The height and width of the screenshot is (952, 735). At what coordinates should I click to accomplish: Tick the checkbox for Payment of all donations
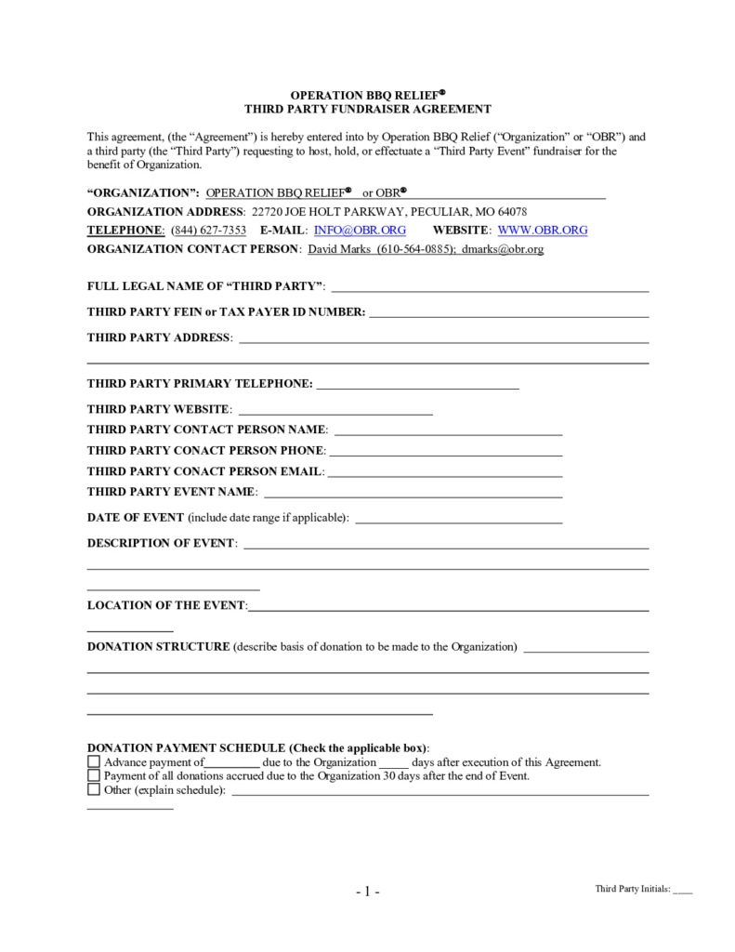tap(93, 776)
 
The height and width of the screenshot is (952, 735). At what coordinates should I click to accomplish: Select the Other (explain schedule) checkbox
tap(93, 790)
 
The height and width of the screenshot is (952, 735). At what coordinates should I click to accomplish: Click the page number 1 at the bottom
tap(367, 892)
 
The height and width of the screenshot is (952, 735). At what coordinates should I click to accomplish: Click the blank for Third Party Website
tap(335, 410)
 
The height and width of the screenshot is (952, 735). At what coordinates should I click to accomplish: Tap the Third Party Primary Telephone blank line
tap(417, 385)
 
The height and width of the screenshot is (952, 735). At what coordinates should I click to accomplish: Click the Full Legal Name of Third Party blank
tap(490, 288)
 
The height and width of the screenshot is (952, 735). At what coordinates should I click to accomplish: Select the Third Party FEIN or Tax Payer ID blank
tap(508, 313)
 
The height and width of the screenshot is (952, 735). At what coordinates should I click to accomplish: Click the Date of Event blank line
tap(459, 519)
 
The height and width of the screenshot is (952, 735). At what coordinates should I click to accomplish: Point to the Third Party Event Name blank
tap(413, 493)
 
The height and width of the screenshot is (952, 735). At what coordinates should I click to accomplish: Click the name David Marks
tap(338, 250)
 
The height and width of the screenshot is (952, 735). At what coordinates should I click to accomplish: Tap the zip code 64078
tap(512, 211)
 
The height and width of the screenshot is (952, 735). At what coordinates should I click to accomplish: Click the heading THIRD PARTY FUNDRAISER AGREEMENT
tap(367, 109)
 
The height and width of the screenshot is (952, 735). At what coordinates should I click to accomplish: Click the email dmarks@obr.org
tap(502, 250)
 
